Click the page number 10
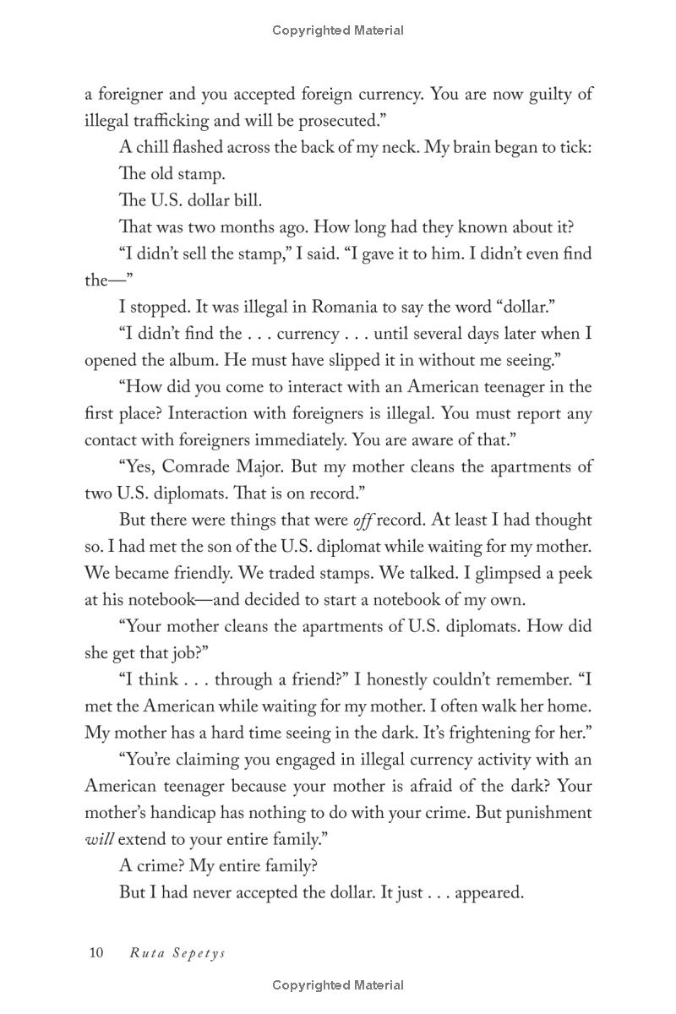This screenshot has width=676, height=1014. click(95, 953)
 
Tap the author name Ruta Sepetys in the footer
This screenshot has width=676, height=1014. click(177, 953)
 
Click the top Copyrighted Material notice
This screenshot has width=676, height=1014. click(338, 30)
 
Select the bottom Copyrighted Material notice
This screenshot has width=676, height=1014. click(338, 985)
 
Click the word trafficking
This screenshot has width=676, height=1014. click(164, 121)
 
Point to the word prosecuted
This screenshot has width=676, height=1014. click(330, 121)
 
